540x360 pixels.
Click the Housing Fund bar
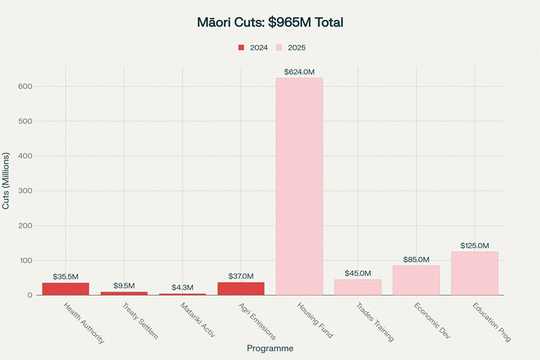tap(299, 186)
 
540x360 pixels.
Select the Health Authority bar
tap(65, 289)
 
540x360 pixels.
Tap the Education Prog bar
tap(475, 273)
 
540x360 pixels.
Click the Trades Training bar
tap(357, 287)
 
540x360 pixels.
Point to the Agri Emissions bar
tap(241, 288)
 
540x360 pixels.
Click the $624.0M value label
tap(299, 72)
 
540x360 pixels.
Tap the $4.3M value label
tap(182, 288)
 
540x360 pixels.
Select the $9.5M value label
tap(123, 286)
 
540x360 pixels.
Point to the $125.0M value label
tap(475, 245)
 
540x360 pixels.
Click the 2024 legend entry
tap(252, 48)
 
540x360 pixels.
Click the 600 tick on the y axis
tap(26, 87)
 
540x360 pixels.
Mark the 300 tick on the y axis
tap(26, 191)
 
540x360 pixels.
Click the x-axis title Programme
tap(270, 348)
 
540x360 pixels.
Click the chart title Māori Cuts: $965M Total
tap(270, 22)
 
